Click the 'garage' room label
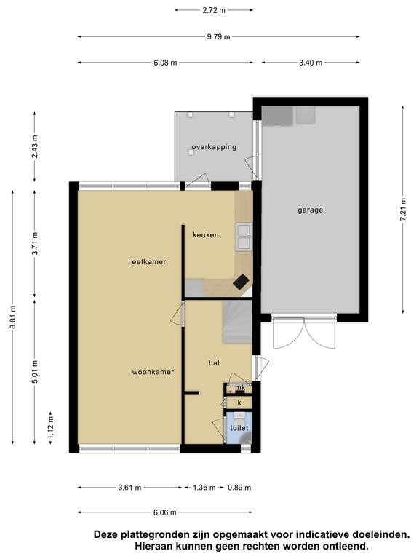(x=311, y=210)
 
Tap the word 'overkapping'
(x=214, y=147)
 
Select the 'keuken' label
(x=206, y=235)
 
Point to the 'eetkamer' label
(x=149, y=262)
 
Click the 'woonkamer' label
(x=153, y=372)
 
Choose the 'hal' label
(x=214, y=363)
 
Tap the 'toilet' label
(x=239, y=428)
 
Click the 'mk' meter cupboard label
(x=241, y=387)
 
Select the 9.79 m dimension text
(x=218, y=36)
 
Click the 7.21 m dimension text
(x=403, y=210)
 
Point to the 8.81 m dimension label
(x=13, y=317)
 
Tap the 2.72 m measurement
(x=214, y=10)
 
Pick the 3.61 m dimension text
(x=129, y=488)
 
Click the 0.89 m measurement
(x=239, y=488)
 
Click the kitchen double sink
(x=244, y=236)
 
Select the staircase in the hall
(x=237, y=322)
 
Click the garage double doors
(x=304, y=332)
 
